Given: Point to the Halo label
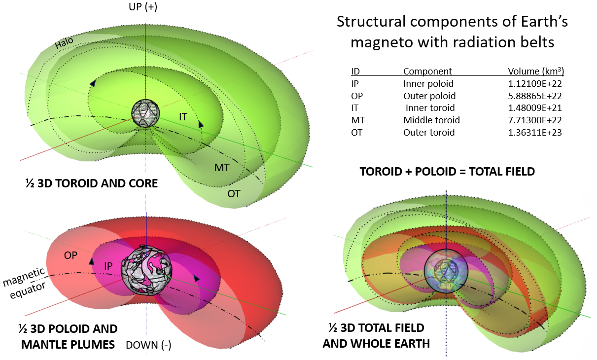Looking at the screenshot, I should tap(64, 44).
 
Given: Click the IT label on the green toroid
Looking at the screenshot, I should tap(183, 117).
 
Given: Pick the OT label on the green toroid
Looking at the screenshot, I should tap(234, 193).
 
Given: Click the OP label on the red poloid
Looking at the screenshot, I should tap(71, 255).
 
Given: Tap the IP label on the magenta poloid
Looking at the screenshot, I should tap(108, 266).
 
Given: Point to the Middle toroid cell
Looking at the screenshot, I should tap(431, 120).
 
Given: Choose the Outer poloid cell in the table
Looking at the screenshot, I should tap(429, 96).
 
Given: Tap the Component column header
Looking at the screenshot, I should tap(427, 71).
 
